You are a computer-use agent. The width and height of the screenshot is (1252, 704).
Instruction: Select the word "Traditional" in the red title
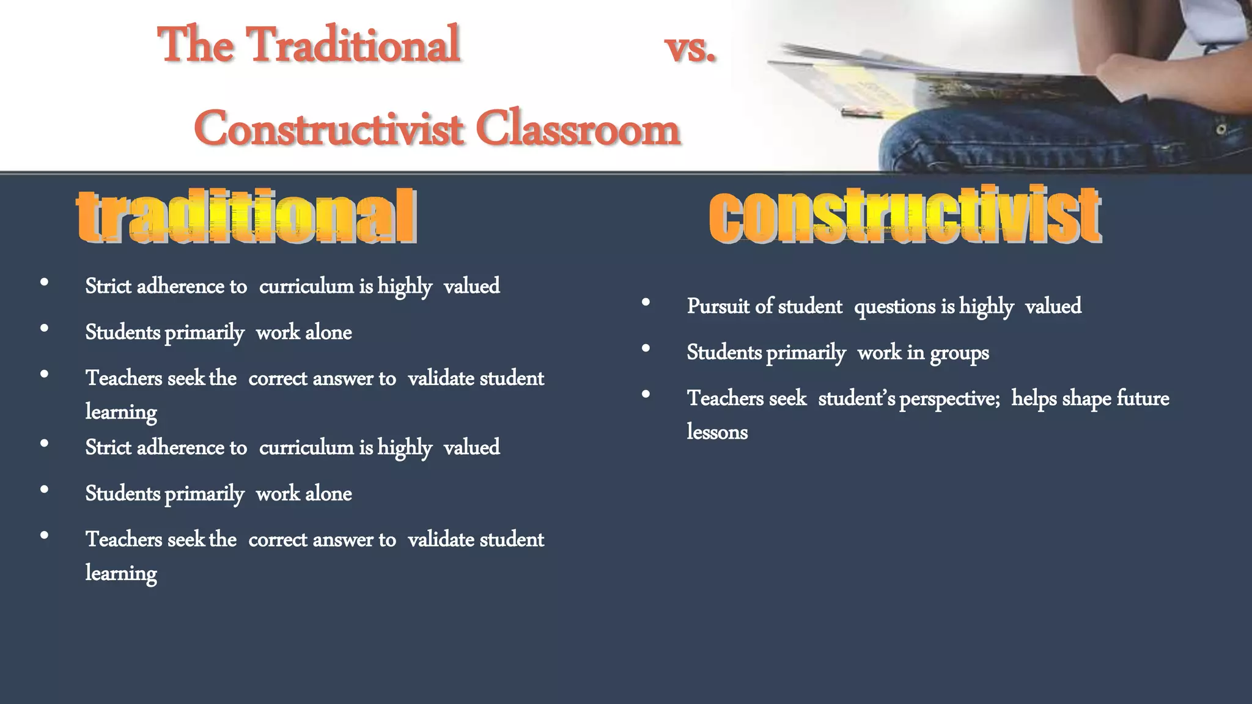pos(353,44)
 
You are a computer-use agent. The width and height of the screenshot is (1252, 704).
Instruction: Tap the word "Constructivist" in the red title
pos(328,128)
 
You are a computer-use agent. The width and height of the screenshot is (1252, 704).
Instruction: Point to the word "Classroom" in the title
pos(578,128)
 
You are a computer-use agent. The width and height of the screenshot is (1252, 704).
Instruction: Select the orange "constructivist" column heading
pos(905,215)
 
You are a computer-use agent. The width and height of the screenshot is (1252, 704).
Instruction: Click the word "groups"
pos(959,353)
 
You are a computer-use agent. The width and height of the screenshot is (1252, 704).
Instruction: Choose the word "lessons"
pos(717,432)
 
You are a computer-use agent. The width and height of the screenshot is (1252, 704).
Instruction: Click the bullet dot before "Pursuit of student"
pos(646,302)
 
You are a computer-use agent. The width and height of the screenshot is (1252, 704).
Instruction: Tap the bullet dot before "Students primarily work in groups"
pos(646,348)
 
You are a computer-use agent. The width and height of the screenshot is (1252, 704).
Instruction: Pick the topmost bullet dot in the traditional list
pos(44,282)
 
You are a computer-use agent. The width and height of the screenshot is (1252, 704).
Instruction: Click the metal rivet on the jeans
pos(1221,129)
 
